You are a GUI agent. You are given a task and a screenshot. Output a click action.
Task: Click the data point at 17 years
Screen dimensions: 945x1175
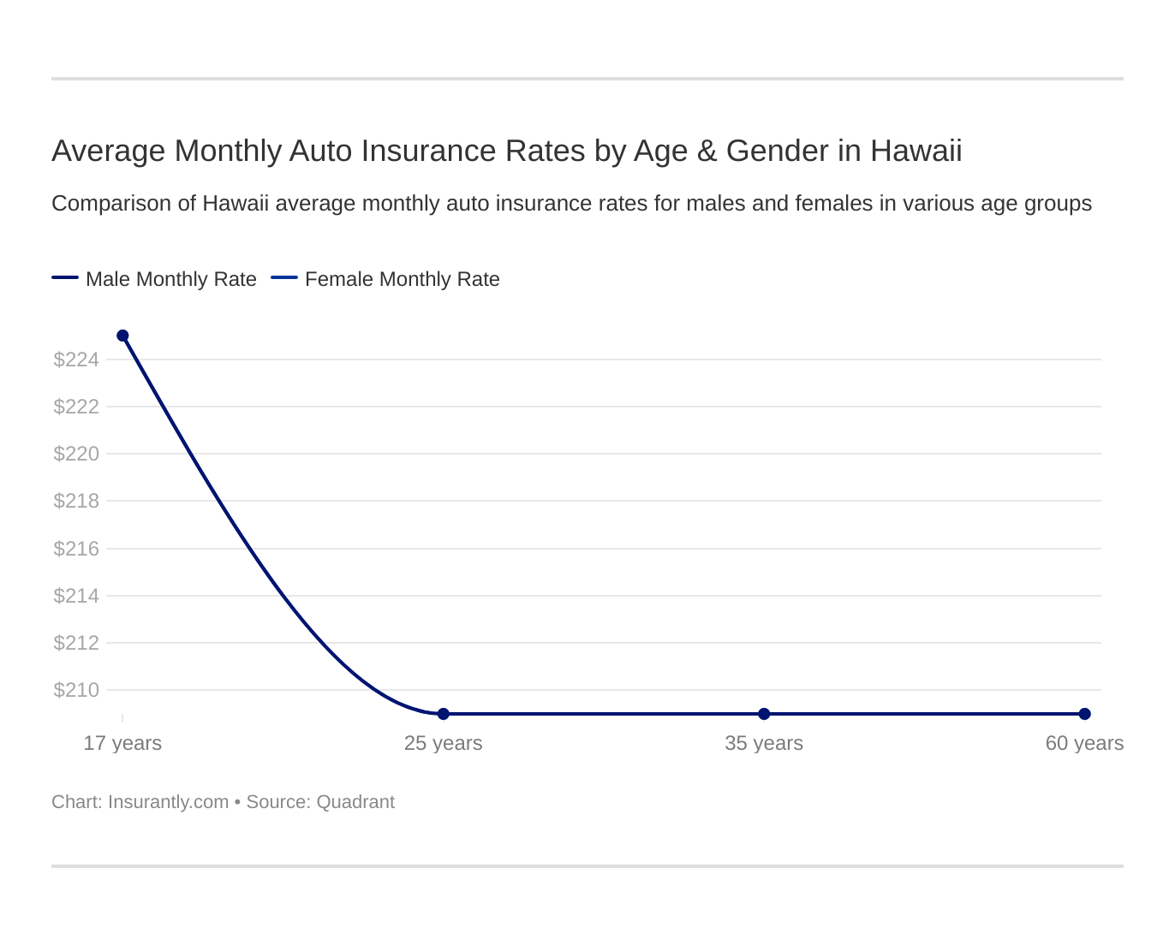click(122, 336)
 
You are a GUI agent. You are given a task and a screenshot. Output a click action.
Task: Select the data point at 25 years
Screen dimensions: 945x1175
click(444, 714)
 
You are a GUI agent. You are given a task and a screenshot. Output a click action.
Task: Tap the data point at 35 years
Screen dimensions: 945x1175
click(764, 714)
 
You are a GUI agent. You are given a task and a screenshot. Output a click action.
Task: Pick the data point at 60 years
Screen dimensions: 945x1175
click(1085, 714)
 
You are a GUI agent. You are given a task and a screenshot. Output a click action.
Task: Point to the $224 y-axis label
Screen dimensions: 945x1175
click(76, 360)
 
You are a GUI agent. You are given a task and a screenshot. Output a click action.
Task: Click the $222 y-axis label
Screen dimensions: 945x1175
click(76, 407)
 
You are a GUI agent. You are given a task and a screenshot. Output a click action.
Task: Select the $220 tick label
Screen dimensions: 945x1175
click(76, 454)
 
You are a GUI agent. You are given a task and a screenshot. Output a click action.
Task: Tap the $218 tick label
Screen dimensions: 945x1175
click(76, 501)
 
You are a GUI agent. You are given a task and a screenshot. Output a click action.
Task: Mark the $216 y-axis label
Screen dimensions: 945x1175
click(76, 549)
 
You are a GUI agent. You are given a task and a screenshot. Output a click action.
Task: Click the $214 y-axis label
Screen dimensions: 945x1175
click(76, 596)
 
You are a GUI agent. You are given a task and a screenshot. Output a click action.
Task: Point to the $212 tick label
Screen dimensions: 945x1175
click(76, 643)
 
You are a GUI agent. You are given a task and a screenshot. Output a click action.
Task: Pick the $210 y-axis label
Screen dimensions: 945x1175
click(76, 690)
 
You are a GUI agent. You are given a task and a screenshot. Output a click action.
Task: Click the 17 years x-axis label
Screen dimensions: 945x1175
click(122, 743)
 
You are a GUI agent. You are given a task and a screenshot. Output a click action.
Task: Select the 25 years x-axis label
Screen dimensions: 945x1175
click(444, 743)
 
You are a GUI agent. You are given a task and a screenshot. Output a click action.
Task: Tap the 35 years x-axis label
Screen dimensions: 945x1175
click(764, 743)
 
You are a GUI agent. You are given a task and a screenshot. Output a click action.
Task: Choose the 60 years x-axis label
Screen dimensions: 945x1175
click(1084, 743)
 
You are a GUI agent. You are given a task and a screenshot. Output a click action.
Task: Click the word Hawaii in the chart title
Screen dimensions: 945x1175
click(916, 151)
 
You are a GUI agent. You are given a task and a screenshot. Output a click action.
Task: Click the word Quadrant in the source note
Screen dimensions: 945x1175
click(355, 802)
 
